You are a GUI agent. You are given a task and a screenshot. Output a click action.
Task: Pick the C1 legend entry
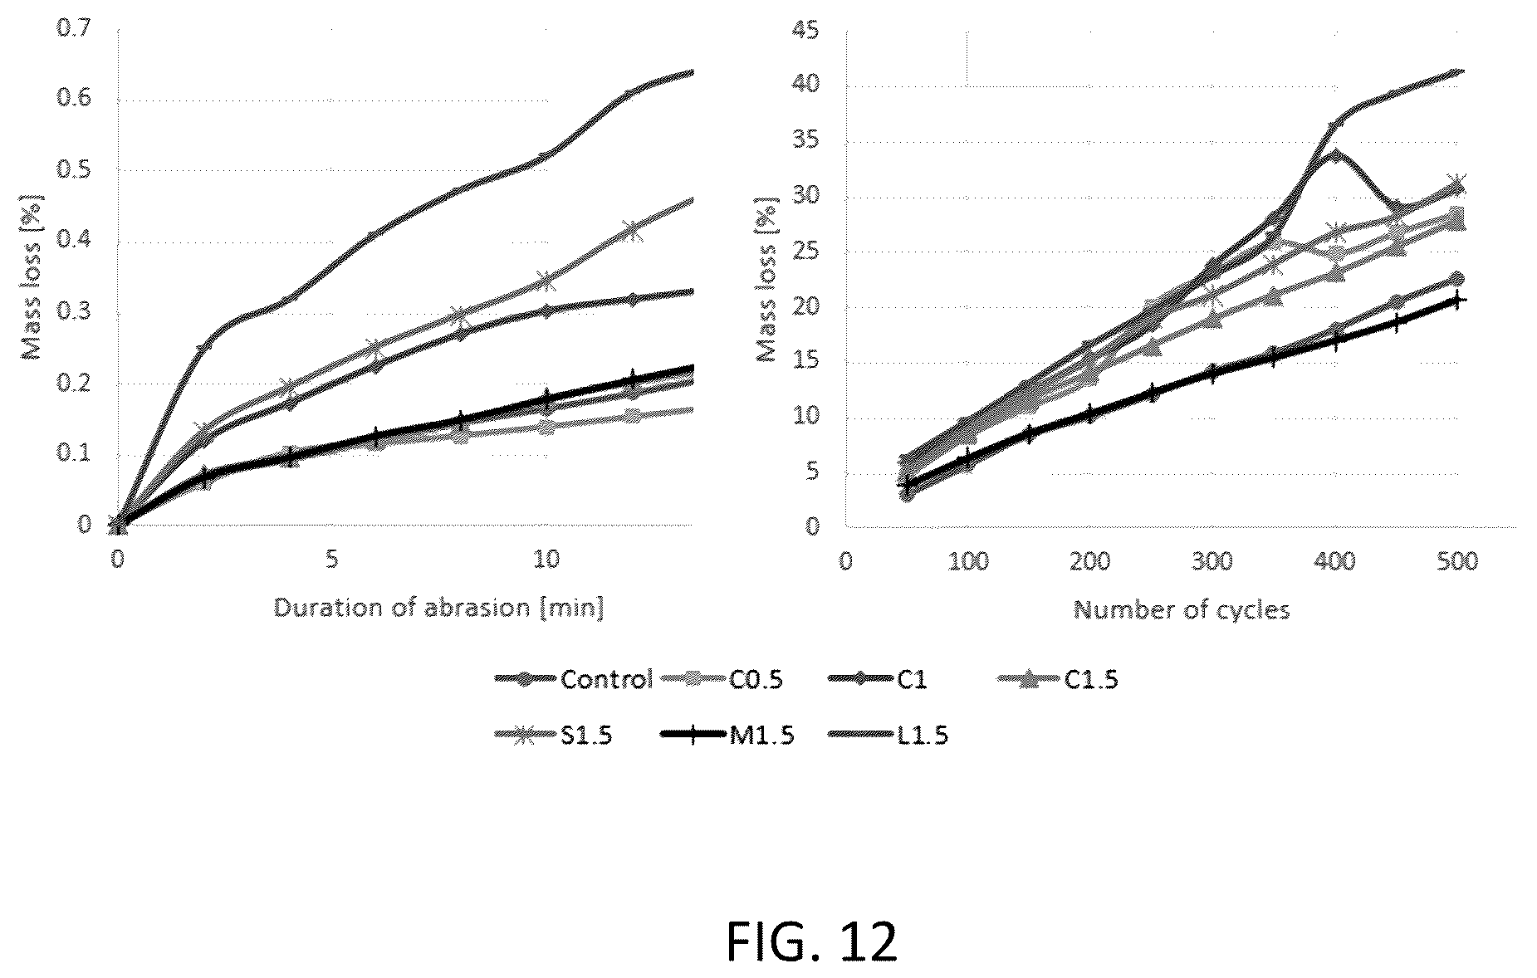878,680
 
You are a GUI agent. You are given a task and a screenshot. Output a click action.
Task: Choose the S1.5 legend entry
553,736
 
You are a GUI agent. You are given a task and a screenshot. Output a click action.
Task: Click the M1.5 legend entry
727,736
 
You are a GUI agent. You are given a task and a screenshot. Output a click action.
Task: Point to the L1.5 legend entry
888,736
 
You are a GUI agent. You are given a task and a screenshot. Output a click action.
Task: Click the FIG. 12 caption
811,941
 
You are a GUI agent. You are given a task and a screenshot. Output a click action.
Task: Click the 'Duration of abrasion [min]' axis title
439,609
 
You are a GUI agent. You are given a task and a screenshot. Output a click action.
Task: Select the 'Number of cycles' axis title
1182,610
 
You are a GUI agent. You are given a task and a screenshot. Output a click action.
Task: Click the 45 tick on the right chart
806,32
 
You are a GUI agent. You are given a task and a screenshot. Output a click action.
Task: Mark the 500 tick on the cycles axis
1456,561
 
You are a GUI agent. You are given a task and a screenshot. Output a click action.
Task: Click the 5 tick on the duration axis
332,559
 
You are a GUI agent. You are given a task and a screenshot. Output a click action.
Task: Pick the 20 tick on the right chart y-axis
806,307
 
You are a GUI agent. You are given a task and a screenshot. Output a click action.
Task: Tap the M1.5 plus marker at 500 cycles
1456,300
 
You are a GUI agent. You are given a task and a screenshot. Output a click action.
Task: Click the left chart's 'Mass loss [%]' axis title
31,277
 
